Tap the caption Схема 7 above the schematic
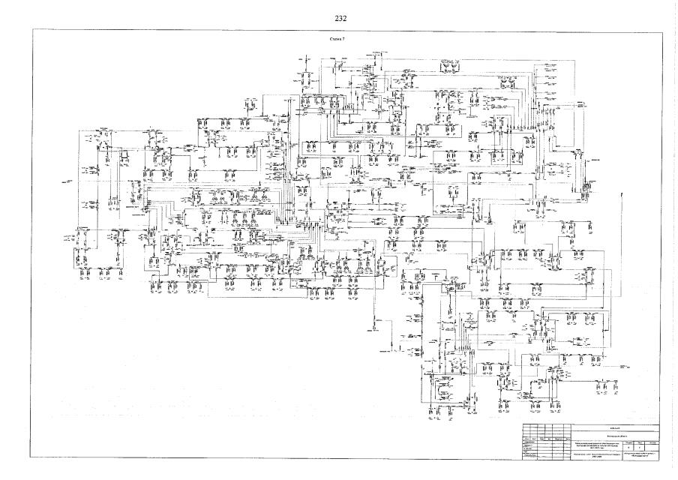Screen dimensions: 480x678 pyautogui.click(x=338, y=35)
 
